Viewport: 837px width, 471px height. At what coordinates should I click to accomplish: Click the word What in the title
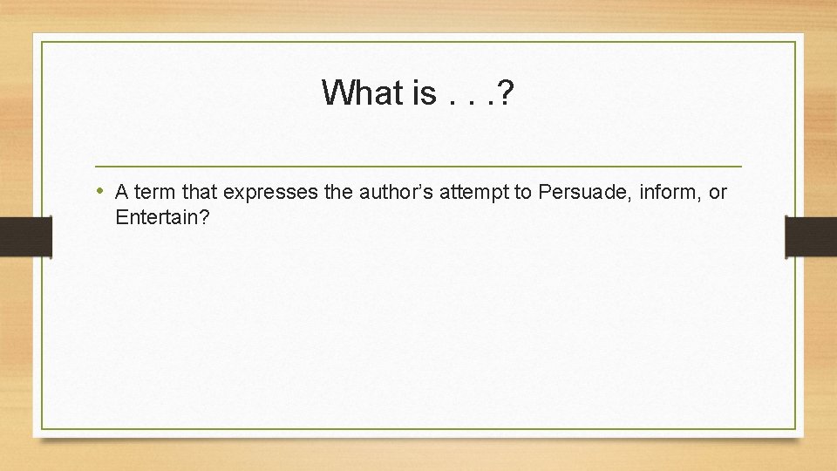[x=360, y=92]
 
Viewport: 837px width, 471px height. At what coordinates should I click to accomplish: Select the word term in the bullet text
[x=154, y=193]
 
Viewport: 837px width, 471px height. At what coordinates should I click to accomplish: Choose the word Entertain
[x=155, y=217]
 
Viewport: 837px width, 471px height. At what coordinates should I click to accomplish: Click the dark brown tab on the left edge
[x=25, y=236]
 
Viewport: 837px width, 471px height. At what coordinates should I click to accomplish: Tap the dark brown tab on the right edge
[x=811, y=236]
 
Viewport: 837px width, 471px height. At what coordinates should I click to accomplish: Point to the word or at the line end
[x=718, y=193]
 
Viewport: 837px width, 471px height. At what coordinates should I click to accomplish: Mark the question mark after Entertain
[x=204, y=217]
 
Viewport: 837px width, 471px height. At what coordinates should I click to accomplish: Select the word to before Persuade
[x=523, y=193]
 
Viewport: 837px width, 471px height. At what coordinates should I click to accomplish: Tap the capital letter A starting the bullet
[x=122, y=193]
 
